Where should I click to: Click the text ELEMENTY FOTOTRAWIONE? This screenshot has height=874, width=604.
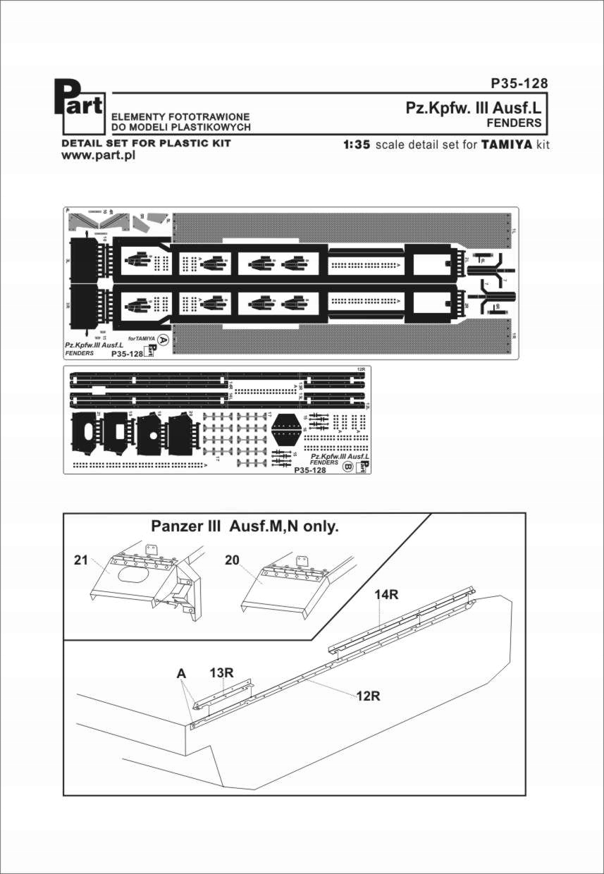(x=176, y=115)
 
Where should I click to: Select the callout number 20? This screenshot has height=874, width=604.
(x=233, y=560)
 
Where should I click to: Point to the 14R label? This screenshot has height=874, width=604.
(x=387, y=595)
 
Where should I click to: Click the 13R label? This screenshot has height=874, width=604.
(x=221, y=672)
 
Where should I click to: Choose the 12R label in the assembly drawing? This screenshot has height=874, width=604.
(x=368, y=696)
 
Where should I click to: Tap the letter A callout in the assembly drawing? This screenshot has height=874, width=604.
(x=181, y=674)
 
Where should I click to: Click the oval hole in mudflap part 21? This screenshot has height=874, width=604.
(x=134, y=576)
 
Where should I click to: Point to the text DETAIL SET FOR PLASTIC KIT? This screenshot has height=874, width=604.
(x=147, y=143)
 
